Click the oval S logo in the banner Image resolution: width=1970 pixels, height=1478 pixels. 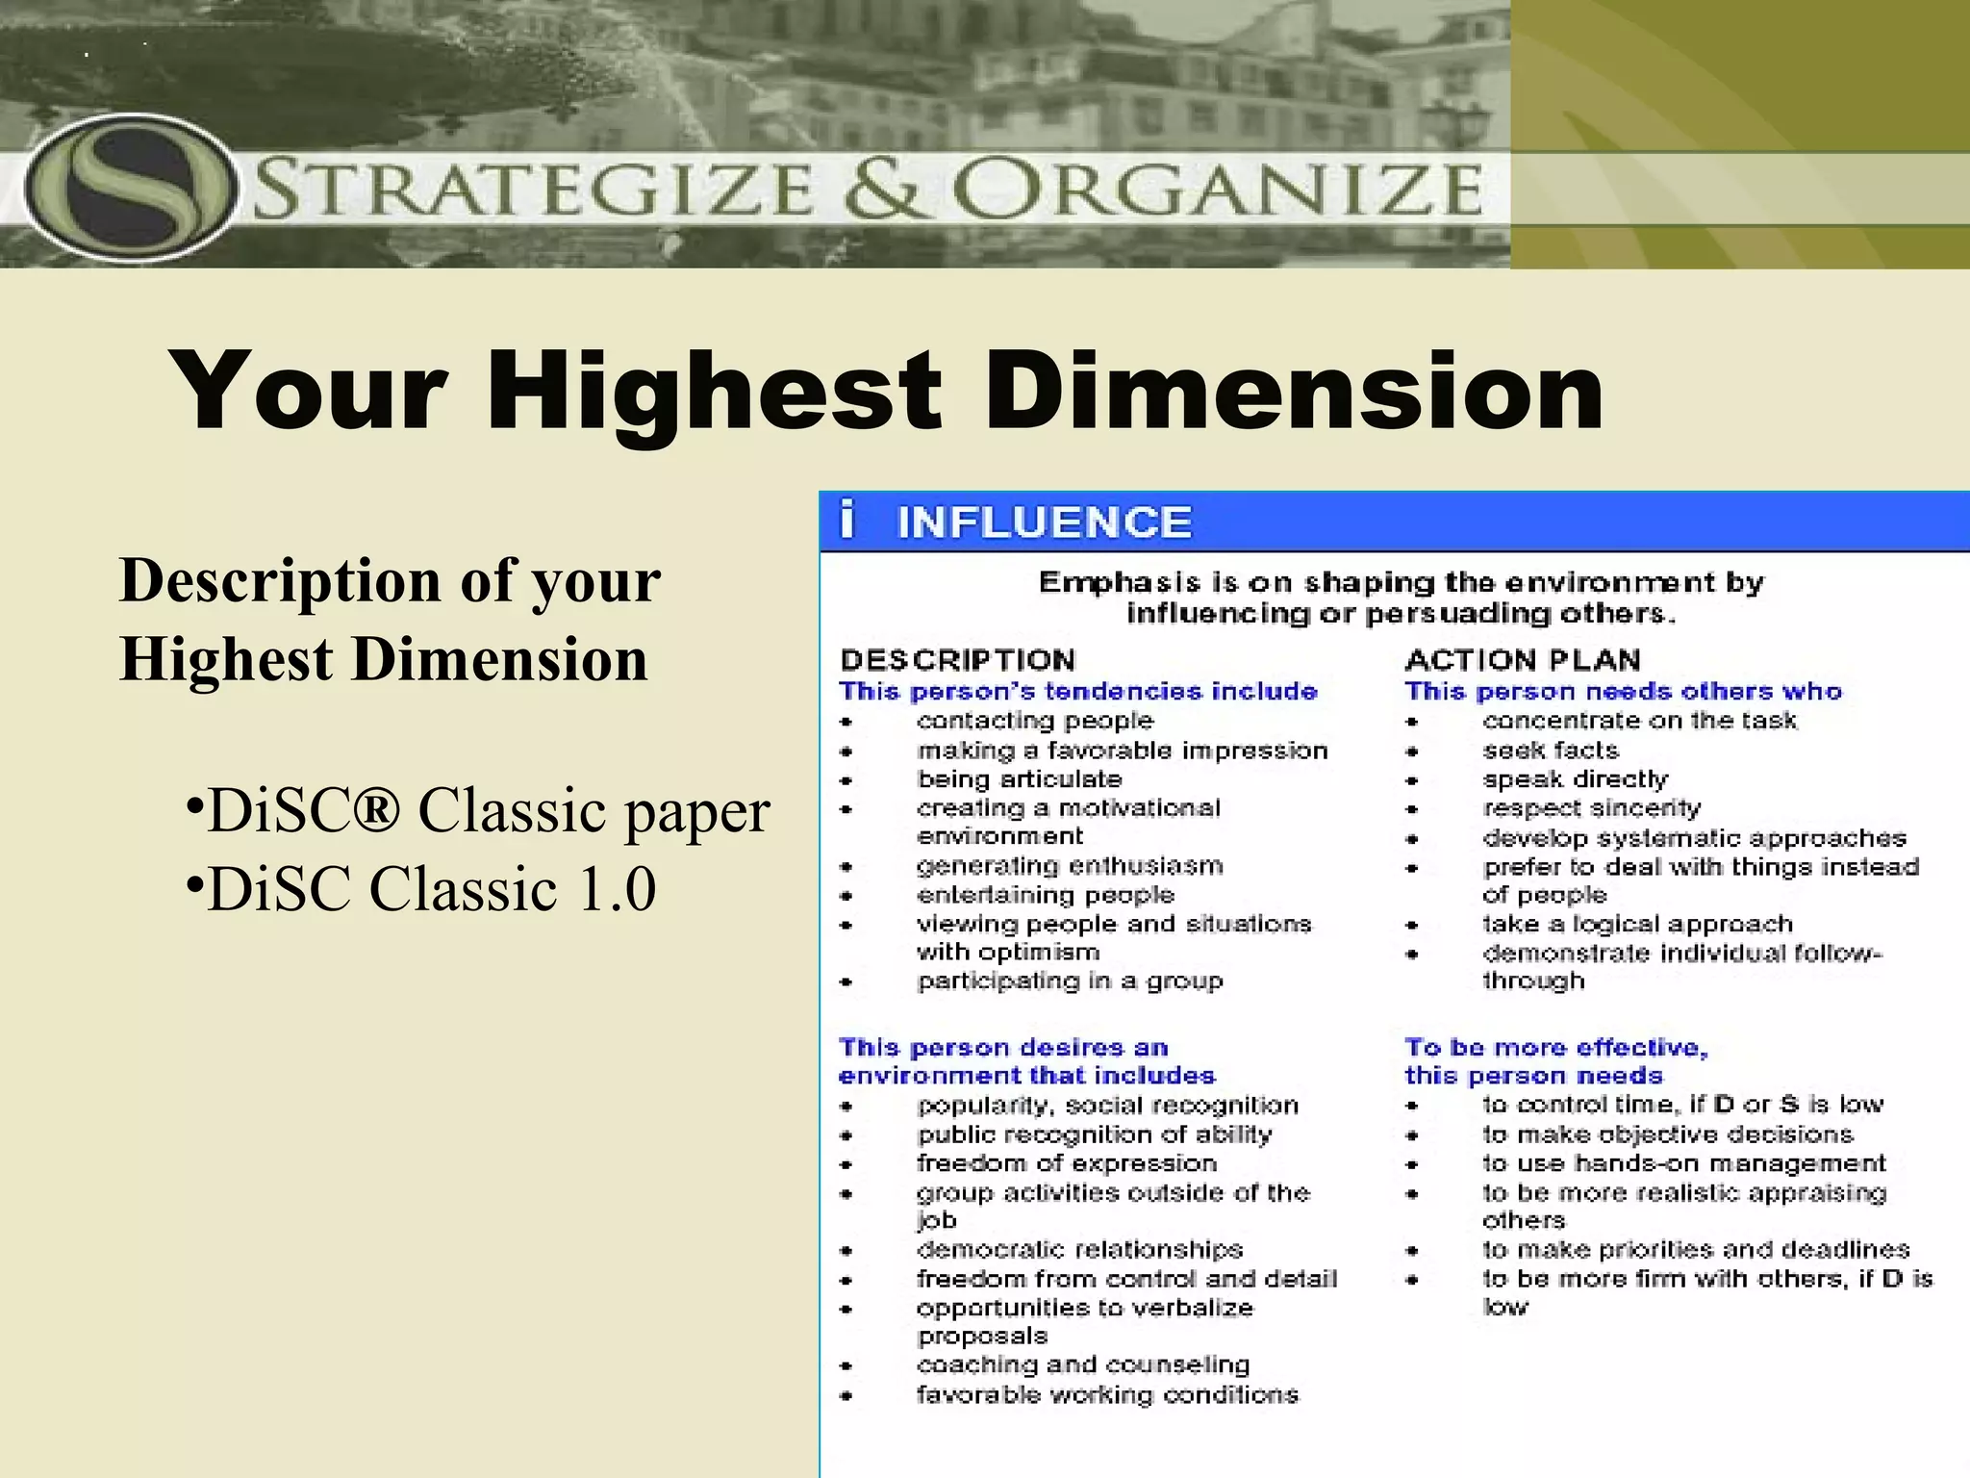129,187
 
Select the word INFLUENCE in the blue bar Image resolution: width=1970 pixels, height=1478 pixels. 1044,522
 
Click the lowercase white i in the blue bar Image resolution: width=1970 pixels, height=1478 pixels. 846,520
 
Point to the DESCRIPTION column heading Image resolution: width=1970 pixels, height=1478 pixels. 957,660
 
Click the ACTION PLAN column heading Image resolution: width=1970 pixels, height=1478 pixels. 1523,660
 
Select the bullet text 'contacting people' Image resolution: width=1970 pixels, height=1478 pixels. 1035,721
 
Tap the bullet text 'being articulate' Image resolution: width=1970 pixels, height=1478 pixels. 1020,779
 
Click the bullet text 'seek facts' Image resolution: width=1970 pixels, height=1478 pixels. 1551,751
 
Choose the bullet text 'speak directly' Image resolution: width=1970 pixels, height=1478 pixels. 1576,779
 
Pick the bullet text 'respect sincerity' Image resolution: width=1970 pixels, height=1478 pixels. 1592,808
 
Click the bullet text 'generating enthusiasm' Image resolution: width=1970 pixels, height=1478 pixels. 1070,866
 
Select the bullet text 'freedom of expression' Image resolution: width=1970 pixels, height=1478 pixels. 1067,1163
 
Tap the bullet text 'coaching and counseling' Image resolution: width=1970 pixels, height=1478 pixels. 1083,1364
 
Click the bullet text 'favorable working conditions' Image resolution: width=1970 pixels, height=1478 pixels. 1107,1394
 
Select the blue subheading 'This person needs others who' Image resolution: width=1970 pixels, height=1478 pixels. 1623,692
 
